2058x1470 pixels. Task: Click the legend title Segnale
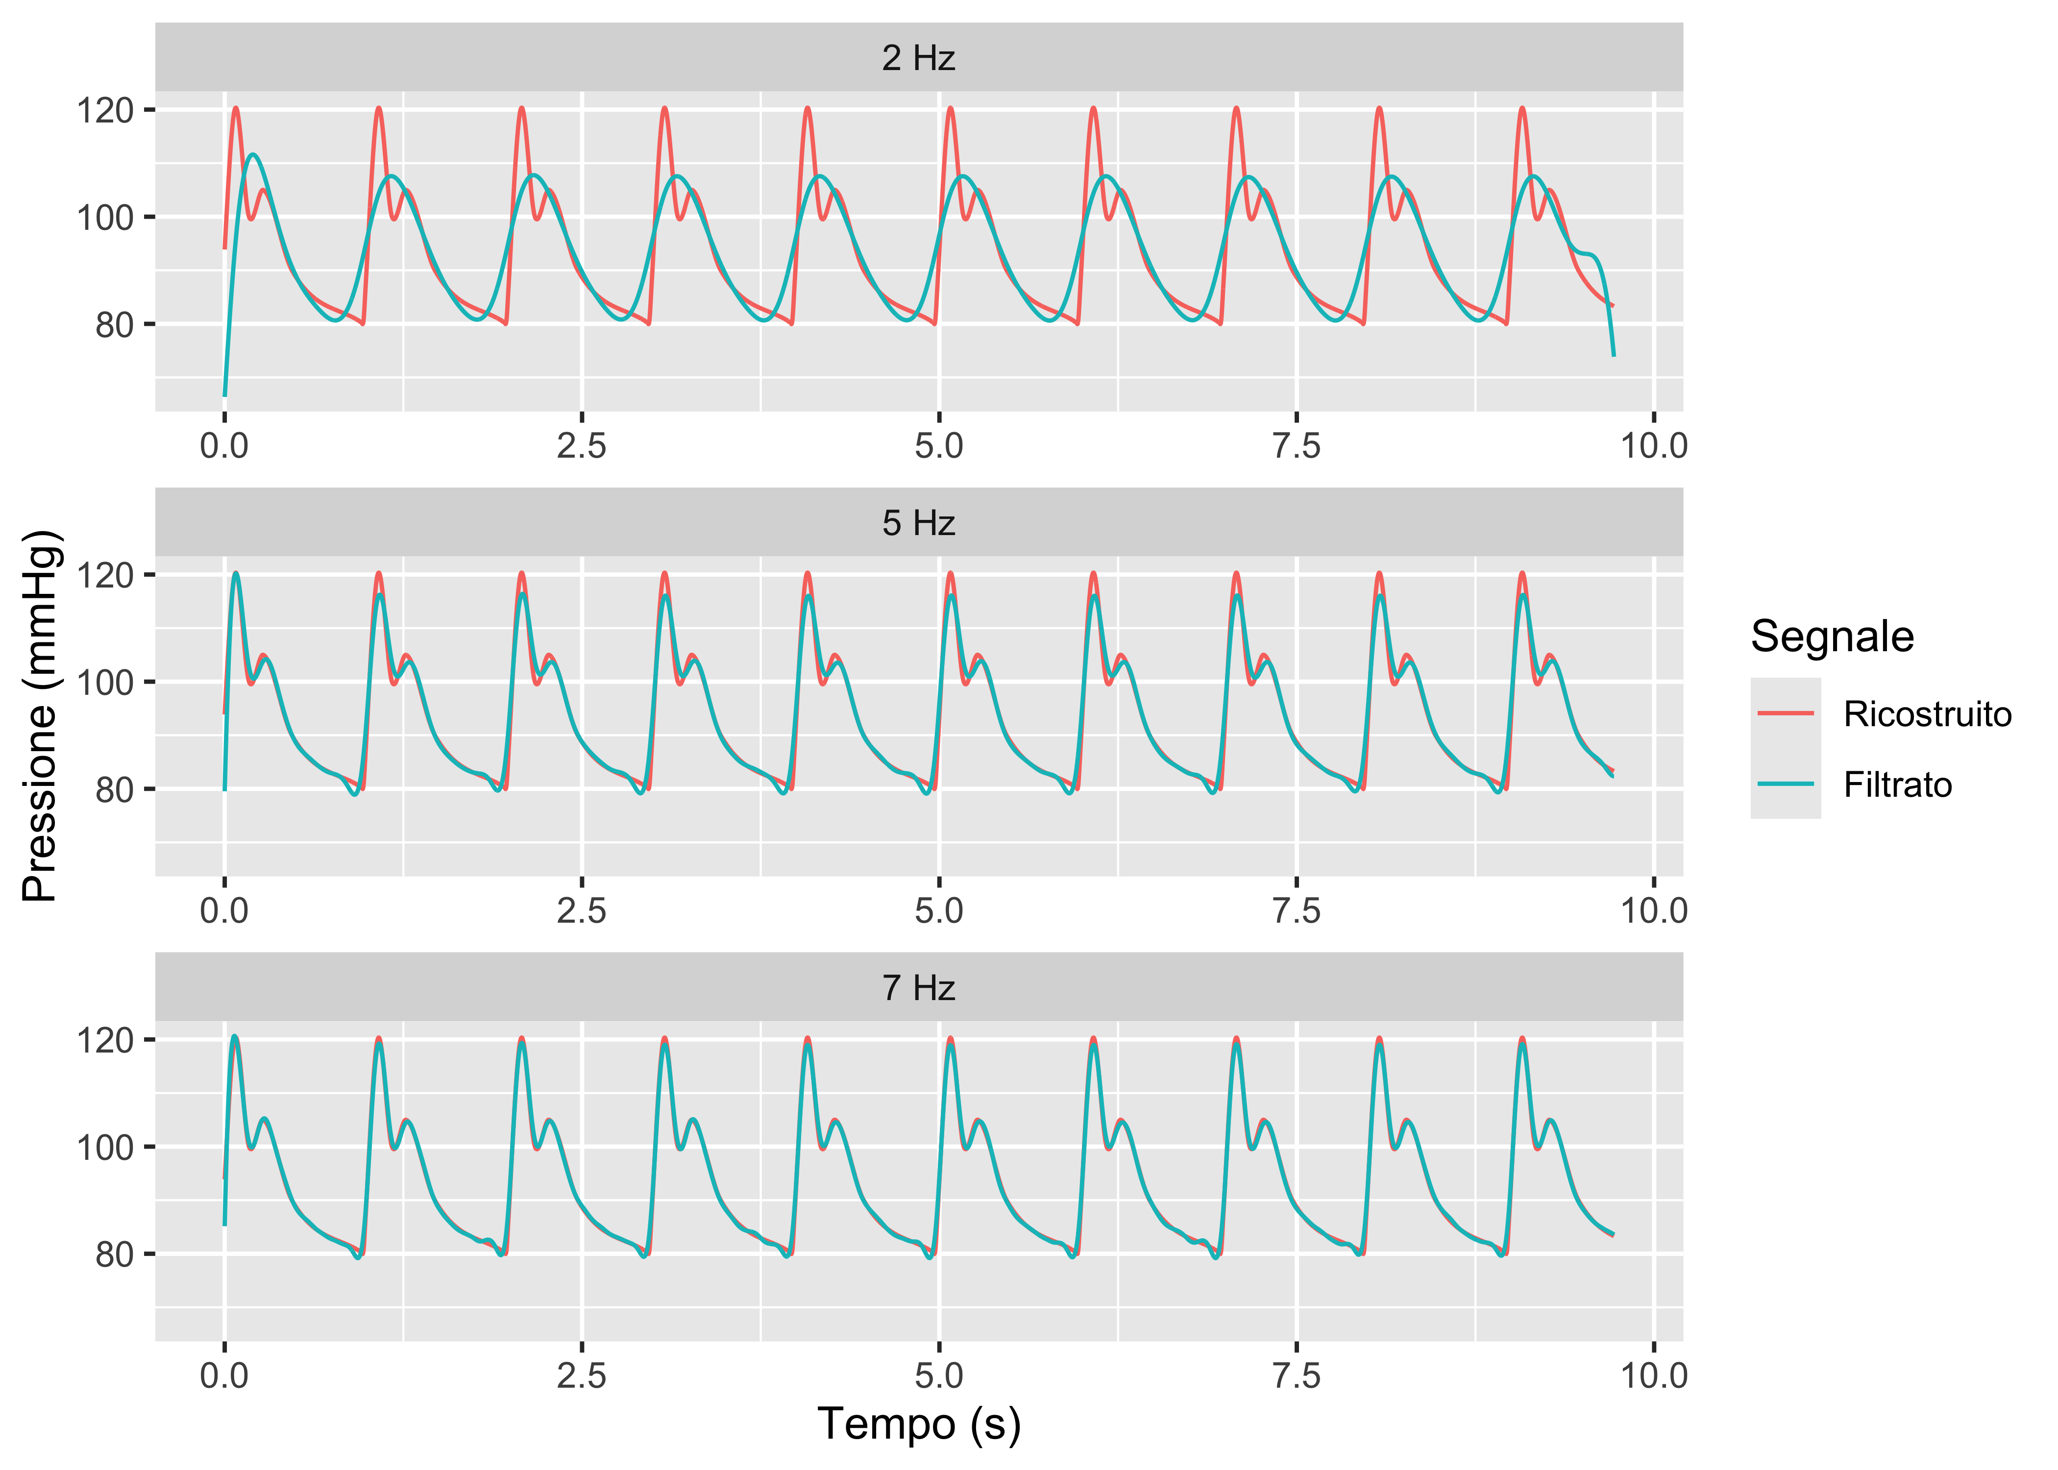coord(1832,637)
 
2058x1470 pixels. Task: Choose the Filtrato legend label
coord(1898,785)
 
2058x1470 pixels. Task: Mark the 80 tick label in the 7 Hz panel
coord(114,1254)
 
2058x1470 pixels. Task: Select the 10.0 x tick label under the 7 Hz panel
coord(1653,1376)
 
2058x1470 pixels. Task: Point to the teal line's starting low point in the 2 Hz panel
coord(224,394)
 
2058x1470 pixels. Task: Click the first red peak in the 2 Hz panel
coord(236,108)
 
